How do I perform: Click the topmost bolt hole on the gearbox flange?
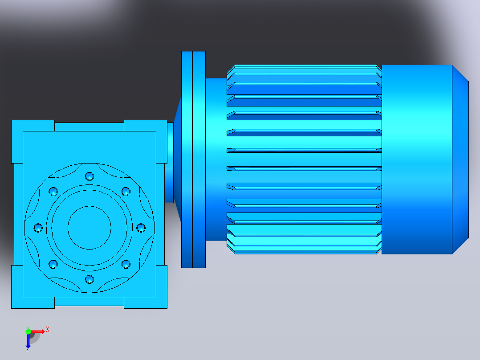[x=89, y=176]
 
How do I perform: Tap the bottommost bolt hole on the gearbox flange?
[x=89, y=279]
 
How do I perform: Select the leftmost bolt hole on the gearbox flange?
[x=38, y=228]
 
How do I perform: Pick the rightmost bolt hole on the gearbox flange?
[x=141, y=228]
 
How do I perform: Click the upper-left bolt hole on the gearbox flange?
[x=53, y=192]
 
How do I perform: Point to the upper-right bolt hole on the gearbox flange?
[x=126, y=192]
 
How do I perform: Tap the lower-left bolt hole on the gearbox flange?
[x=53, y=264]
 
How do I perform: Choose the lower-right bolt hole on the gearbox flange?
[x=126, y=264]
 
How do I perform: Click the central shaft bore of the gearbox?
[x=89, y=228]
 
